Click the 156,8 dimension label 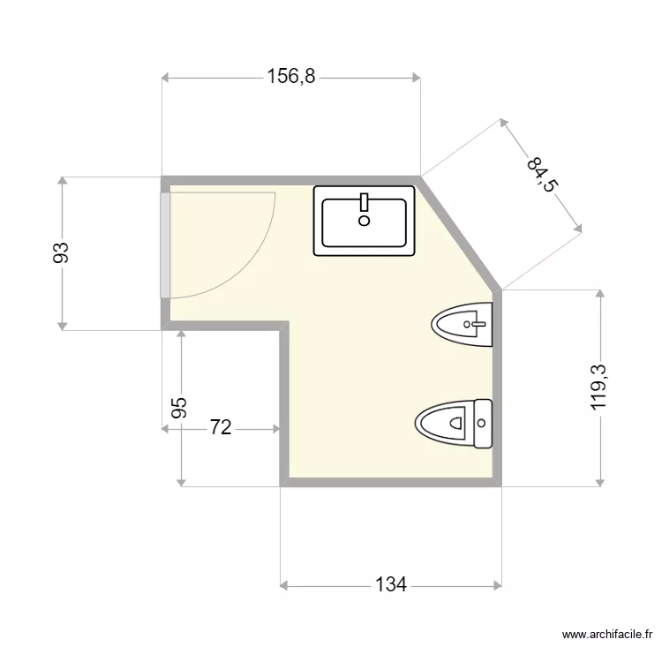click(x=291, y=77)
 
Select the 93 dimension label click(x=61, y=252)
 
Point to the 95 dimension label click(x=179, y=408)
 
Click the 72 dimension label click(x=221, y=427)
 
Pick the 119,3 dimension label click(x=598, y=387)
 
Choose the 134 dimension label click(x=391, y=584)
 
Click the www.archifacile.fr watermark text click(x=607, y=634)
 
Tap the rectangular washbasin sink click(x=364, y=221)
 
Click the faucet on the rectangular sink click(x=364, y=202)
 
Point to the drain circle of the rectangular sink click(x=364, y=221)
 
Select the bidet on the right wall click(x=462, y=324)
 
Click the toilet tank click(x=483, y=424)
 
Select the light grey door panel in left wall click(x=166, y=245)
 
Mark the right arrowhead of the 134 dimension click(x=498, y=585)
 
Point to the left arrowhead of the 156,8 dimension click(x=166, y=78)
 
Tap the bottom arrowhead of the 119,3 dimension click(x=600, y=482)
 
